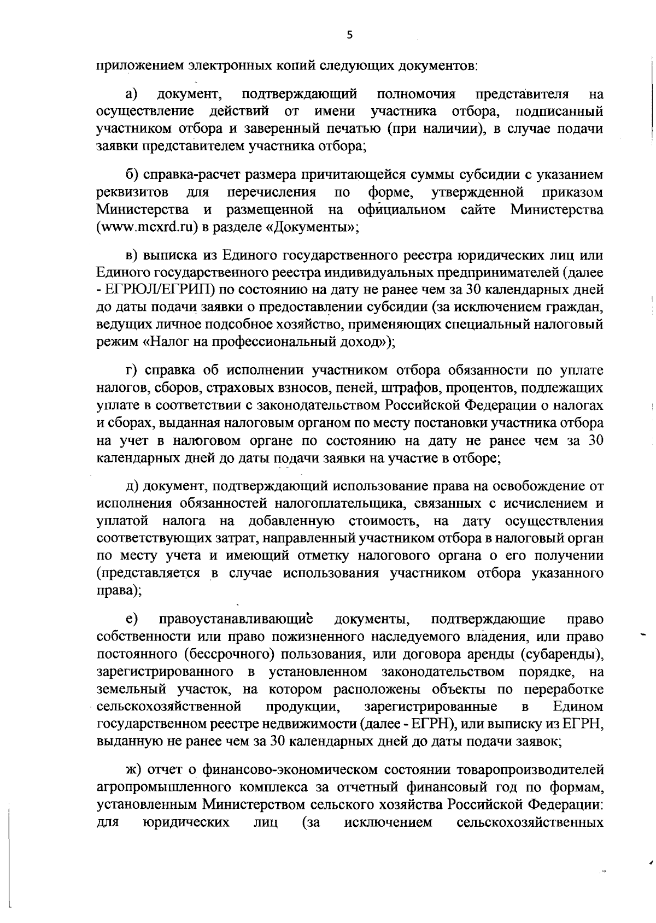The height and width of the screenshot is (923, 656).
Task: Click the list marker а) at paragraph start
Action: pyautogui.click(x=132, y=94)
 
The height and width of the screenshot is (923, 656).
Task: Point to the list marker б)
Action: pyautogui.click(x=132, y=175)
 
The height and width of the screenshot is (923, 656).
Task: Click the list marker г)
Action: pyautogui.click(x=131, y=371)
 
